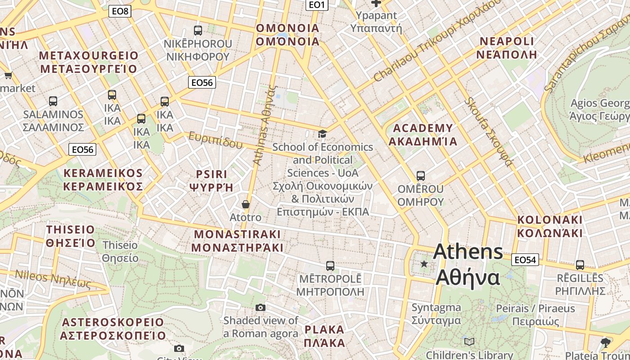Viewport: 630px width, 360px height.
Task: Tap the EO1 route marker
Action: coord(317,5)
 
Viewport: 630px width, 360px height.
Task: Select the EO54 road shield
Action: coord(525,260)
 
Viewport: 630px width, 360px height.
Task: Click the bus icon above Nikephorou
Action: coord(198,31)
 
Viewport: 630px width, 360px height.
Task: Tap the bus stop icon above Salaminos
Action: coord(53,101)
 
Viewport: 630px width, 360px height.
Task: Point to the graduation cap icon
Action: coord(322,134)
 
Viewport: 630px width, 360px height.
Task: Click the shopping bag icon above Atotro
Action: coord(246,204)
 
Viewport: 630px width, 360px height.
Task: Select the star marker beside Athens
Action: coord(424,264)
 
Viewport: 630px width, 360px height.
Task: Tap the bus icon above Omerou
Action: coord(421,175)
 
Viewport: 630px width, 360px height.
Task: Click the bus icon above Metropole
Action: coord(330,265)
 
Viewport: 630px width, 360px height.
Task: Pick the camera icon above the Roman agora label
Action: coord(261,308)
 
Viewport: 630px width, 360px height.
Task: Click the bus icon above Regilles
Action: coord(580,265)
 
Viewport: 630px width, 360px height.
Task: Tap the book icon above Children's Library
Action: coord(469,342)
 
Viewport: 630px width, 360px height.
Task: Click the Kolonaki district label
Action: coord(549,226)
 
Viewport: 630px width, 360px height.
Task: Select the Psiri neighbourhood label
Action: coord(211,180)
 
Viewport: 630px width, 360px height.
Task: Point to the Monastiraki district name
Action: coord(237,241)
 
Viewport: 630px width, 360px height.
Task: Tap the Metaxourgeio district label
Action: coord(89,62)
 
